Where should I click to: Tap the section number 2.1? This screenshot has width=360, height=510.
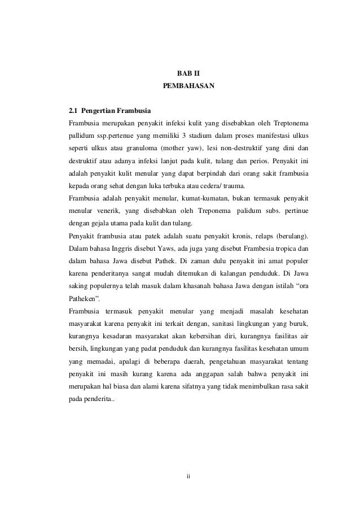pos(73,110)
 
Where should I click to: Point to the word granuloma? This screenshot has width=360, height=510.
pos(143,149)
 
